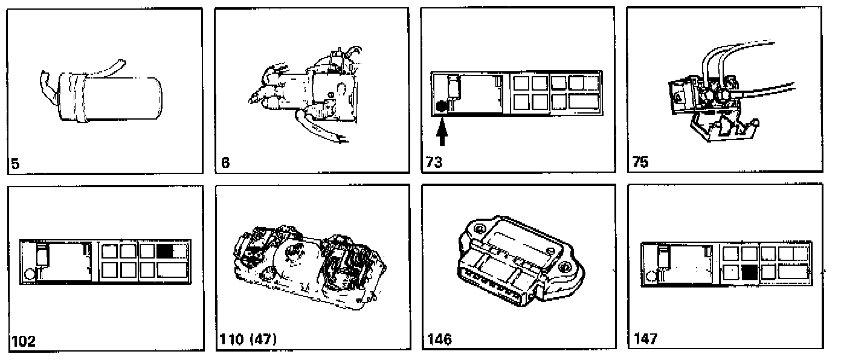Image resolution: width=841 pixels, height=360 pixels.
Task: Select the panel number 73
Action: pos(434,162)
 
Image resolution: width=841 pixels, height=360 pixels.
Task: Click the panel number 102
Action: pos(22,341)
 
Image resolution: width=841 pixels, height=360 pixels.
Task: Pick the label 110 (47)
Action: pos(247,340)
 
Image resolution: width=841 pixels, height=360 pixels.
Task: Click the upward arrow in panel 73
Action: pos(442,132)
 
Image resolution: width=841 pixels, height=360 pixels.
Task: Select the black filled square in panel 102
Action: pos(165,251)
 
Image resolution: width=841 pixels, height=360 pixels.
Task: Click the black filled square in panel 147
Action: pos(750,272)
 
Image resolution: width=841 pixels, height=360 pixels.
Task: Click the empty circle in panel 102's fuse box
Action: pos(28,274)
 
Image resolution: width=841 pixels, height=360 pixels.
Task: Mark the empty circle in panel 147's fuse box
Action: pos(649,276)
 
